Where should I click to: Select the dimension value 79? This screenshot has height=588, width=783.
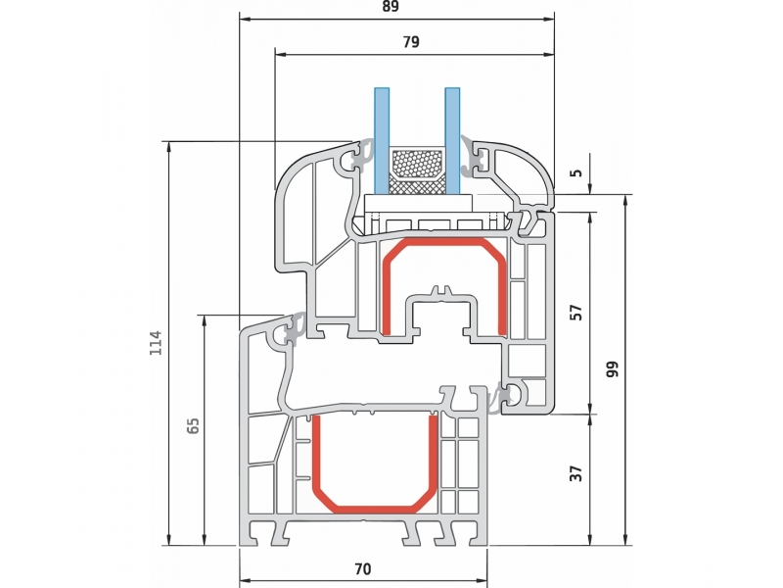click(410, 42)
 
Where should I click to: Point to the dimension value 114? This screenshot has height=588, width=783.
click(157, 343)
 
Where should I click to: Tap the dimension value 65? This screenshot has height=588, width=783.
click(192, 425)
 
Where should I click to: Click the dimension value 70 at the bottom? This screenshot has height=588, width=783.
click(363, 569)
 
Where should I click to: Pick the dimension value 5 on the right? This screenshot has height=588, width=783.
click(576, 173)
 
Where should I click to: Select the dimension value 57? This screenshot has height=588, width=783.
click(576, 313)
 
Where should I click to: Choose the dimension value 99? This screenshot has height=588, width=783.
click(613, 369)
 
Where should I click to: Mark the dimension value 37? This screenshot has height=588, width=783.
click(576, 473)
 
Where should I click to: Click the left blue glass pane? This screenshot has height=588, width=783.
click(382, 141)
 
